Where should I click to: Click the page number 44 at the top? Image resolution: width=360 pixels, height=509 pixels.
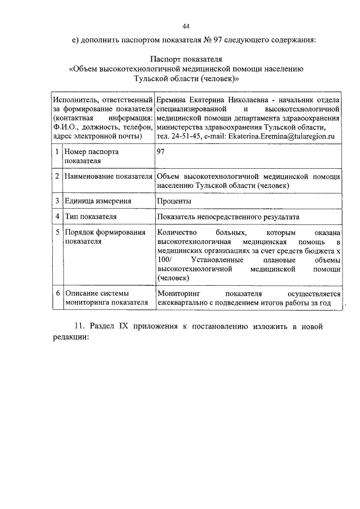click(x=186, y=25)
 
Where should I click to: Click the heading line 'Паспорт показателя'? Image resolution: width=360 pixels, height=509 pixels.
click(x=186, y=58)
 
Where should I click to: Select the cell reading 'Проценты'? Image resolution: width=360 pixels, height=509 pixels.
click(x=174, y=201)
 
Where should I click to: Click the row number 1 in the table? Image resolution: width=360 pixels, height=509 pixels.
click(x=57, y=152)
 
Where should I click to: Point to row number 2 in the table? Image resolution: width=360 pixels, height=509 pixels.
click(x=57, y=177)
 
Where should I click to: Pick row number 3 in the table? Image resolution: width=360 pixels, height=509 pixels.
click(x=57, y=201)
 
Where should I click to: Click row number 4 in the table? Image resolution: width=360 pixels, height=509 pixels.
click(x=57, y=217)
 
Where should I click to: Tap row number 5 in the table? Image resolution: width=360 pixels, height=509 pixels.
click(x=57, y=232)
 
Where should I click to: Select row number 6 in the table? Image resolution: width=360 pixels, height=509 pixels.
click(x=57, y=294)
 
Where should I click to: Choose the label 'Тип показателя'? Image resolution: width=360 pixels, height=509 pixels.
click(x=91, y=217)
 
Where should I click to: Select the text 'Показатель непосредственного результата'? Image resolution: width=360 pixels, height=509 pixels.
click(x=228, y=217)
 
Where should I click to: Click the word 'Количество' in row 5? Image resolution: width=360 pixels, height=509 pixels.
click(x=176, y=232)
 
